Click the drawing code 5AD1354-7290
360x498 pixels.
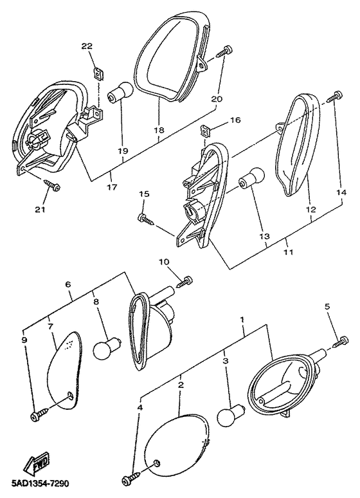(x=35, y=484)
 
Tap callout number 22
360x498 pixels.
(x=87, y=46)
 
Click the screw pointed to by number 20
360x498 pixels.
(x=224, y=51)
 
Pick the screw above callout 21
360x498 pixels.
(x=51, y=185)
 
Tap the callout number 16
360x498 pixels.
(x=235, y=120)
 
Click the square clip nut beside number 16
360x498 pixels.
(x=206, y=129)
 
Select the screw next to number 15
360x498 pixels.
(x=146, y=219)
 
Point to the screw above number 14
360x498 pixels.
(x=334, y=97)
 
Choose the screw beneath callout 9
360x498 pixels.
(x=40, y=414)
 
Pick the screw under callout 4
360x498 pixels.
(x=132, y=479)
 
